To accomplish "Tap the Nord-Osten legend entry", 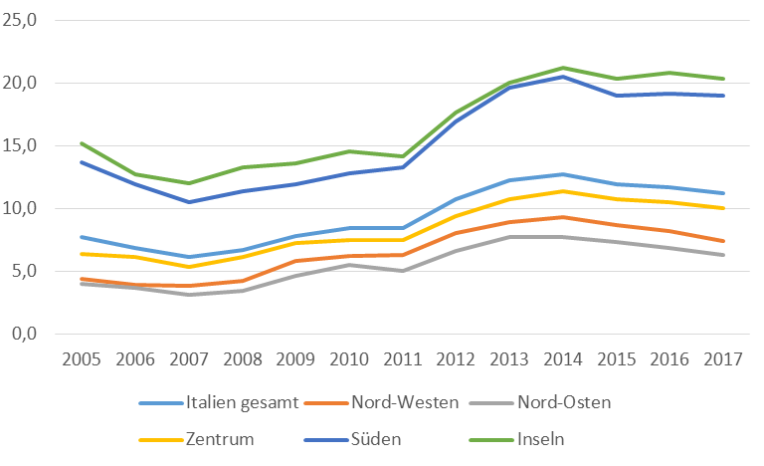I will (x=562, y=403).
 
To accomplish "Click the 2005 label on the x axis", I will (x=82, y=359).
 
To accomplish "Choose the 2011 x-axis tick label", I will (x=403, y=359).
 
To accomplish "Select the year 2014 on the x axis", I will (x=563, y=359).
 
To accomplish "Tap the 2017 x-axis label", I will (x=723, y=359).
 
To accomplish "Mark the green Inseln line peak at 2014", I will (x=563, y=68).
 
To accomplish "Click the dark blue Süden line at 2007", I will (x=188, y=202).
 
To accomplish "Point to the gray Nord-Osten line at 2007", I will (x=188, y=295).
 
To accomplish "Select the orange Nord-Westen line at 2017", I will (x=723, y=241).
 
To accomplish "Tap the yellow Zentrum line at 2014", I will (x=563, y=191).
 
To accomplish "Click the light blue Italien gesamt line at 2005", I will (x=82, y=237).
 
